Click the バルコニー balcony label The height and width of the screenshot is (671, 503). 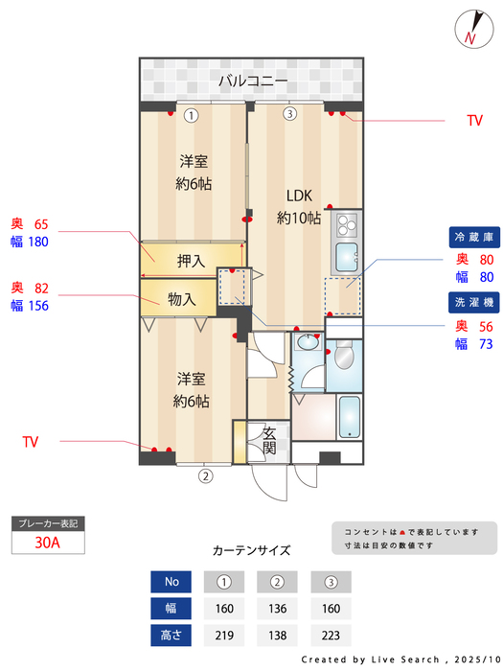[252, 81]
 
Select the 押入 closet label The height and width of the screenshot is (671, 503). [191, 260]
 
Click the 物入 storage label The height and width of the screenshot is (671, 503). [181, 299]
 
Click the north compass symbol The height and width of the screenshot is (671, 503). [470, 28]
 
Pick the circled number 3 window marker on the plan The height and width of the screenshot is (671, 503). [289, 115]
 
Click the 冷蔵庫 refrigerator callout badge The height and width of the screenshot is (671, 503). [473, 237]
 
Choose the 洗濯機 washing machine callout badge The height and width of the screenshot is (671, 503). [473, 302]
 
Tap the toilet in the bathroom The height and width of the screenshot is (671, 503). [344, 360]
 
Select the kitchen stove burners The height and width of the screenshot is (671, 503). [344, 227]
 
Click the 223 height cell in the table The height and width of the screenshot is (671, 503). [331, 635]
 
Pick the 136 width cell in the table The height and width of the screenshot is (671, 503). [277, 608]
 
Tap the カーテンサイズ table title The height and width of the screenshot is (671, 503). [251, 550]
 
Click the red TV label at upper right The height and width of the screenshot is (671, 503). [473, 121]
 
